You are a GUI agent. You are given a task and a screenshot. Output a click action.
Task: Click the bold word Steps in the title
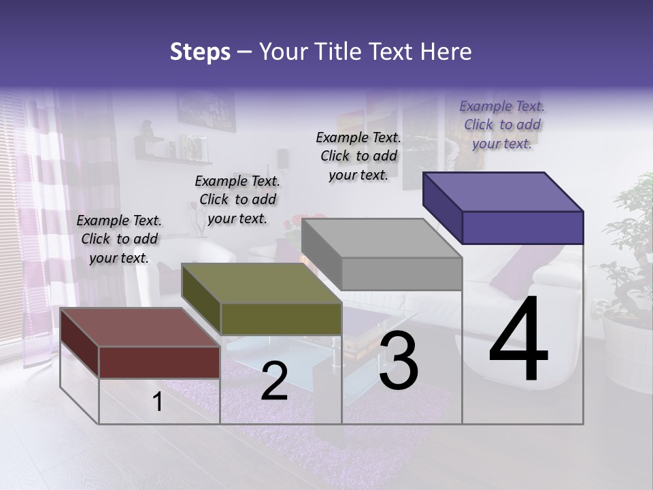tap(200, 52)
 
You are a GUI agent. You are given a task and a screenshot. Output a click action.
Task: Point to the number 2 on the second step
tap(274, 381)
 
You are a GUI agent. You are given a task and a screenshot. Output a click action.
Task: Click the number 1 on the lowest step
tap(158, 402)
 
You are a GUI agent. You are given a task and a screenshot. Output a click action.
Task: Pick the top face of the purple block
tap(503, 191)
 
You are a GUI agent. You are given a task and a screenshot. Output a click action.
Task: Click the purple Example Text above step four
tap(502, 125)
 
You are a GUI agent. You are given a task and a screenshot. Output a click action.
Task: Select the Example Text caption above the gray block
tap(358, 156)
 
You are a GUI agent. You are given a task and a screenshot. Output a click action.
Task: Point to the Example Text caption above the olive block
tap(237, 199)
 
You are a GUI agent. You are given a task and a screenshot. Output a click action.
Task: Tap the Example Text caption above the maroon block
tap(119, 239)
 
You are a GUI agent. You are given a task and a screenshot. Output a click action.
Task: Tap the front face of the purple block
tap(522, 227)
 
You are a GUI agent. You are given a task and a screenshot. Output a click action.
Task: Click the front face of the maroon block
tap(159, 361)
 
